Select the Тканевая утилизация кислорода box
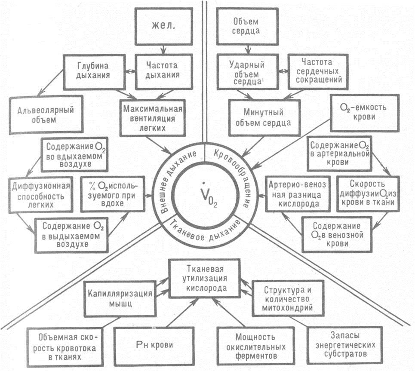204,279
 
